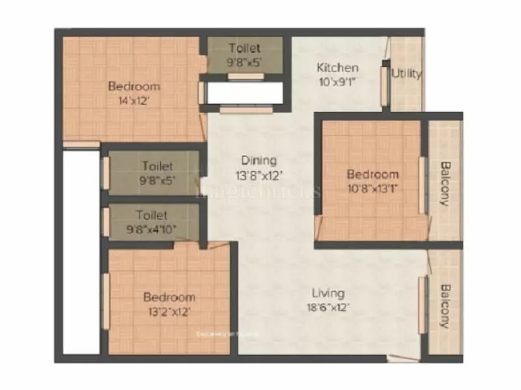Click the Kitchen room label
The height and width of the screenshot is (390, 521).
[337, 68]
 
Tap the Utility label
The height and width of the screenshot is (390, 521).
[406, 73]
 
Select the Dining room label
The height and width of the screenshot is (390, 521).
[259, 160]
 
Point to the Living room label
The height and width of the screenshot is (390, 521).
[328, 293]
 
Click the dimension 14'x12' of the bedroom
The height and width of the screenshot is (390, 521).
[134, 101]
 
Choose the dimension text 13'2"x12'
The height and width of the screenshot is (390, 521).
[169, 311]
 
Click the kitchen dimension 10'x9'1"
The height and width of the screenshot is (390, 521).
[337, 82]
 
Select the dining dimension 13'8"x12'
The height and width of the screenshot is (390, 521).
[259, 175]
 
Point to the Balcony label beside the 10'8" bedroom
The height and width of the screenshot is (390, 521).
[445, 183]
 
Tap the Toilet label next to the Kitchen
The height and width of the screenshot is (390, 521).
[244, 48]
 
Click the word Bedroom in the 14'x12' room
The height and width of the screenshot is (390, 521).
[134, 86]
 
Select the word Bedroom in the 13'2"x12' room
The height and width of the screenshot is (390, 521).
[169, 297]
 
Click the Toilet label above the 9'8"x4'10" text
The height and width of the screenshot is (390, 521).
[152, 214]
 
